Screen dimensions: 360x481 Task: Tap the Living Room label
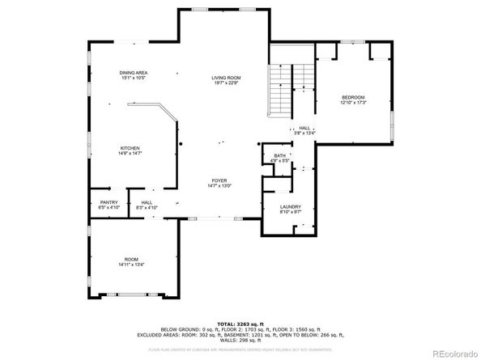click(226, 77)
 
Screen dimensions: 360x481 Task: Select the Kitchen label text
click(131, 148)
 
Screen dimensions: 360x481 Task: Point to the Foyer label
click(219, 180)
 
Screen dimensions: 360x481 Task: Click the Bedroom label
click(354, 96)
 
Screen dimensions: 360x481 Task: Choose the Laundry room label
click(291, 206)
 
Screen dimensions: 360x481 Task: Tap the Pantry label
click(109, 202)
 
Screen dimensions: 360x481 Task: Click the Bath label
click(279, 155)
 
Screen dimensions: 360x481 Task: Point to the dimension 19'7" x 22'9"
click(226, 82)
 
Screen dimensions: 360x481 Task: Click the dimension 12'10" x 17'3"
click(354, 102)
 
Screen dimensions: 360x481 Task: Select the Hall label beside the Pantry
click(147, 202)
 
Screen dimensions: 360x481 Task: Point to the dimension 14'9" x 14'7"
click(131, 154)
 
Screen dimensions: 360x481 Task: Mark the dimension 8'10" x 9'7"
click(291, 212)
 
